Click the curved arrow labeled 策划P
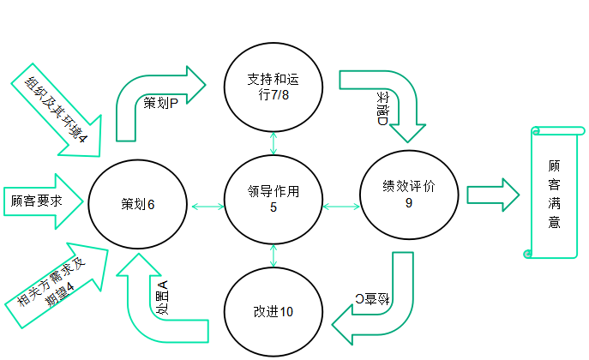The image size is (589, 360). point(154,99)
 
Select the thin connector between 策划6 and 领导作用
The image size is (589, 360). point(207,206)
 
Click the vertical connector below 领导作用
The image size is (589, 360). point(273,255)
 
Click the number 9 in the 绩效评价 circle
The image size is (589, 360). point(409,204)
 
